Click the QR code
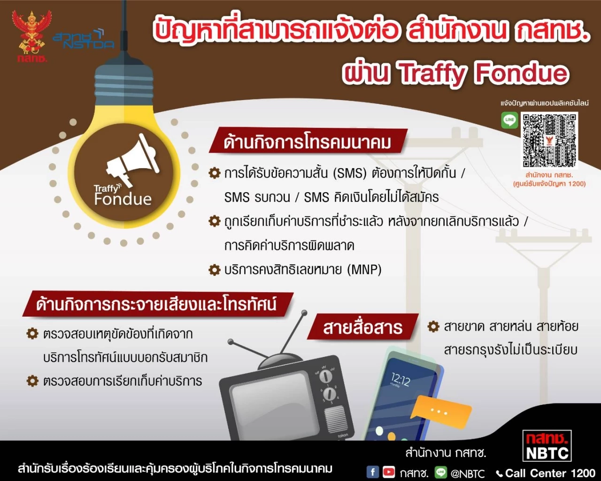[549, 140]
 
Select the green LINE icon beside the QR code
[509, 120]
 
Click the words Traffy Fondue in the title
[483, 73]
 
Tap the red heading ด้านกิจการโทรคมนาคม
[308, 142]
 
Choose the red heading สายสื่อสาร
[362, 327]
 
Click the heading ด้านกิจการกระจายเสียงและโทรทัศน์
[156, 304]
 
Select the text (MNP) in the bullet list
[364, 270]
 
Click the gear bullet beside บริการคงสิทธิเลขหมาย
[215, 270]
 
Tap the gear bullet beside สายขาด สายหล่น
[433, 326]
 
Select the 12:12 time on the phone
[401, 379]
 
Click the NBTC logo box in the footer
[547, 446]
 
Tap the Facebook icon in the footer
[372, 472]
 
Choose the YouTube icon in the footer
[389, 472]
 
